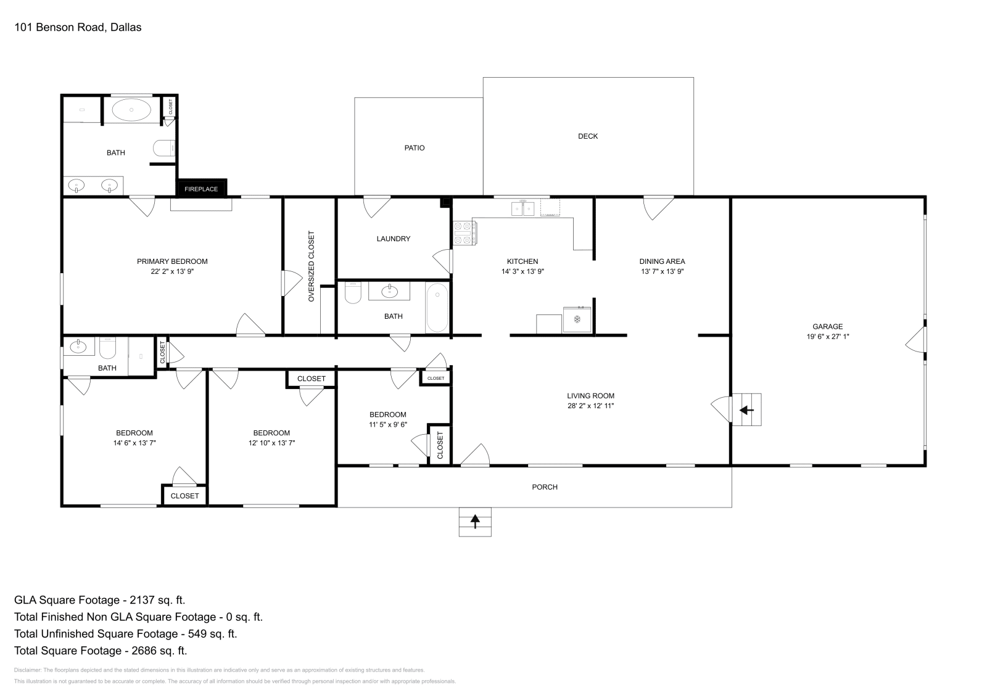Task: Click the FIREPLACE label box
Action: (201, 188)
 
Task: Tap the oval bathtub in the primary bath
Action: (131, 110)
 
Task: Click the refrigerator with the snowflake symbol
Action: (577, 319)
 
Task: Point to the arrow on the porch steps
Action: (475, 522)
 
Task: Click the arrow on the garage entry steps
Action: (746, 410)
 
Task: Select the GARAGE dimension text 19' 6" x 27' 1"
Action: (827, 337)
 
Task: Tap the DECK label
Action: (588, 136)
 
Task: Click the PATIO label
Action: (415, 148)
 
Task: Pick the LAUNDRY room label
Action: (394, 239)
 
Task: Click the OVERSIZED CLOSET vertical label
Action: (312, 266)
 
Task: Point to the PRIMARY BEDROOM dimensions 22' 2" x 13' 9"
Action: (172, 271)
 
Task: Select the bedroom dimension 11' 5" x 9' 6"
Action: (388, 424)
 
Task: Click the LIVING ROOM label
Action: (590, 396)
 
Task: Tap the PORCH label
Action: (545, 487)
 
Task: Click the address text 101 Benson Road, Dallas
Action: (78, 27)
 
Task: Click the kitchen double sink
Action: (523, 208)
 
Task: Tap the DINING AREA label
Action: (663, 261)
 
